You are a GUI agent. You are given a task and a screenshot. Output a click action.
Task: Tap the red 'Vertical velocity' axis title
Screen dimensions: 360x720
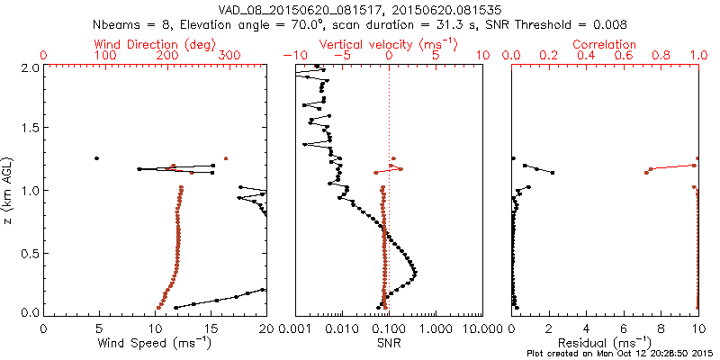coord(389,43)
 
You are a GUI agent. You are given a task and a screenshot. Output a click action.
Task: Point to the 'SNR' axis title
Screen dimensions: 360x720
coord(389,343)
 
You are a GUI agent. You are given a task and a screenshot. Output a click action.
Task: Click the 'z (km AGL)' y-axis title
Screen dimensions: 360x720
coord(10,190)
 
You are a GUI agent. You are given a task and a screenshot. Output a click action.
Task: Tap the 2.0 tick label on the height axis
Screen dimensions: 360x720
coord(29,67)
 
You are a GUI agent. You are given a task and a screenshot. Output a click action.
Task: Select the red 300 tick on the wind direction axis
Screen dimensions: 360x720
coord(230,56)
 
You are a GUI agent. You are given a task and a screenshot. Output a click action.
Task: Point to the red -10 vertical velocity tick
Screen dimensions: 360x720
coord(290,56)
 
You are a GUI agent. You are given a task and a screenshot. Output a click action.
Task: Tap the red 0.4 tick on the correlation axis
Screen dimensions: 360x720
coord(587,56)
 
